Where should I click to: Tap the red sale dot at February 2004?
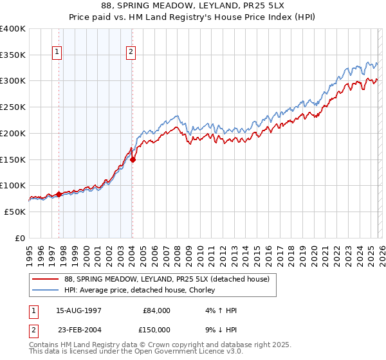click(133, 160)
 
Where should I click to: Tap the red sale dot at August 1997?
click(59, 194)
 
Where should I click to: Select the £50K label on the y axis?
click(15, 212)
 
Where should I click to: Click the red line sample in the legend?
click(46, 278)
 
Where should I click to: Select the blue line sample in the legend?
click(46, 290)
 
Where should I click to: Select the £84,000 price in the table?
click(156, 310)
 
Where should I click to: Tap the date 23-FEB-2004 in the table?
click(78, 328)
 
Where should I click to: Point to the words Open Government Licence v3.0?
click(183, 352)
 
